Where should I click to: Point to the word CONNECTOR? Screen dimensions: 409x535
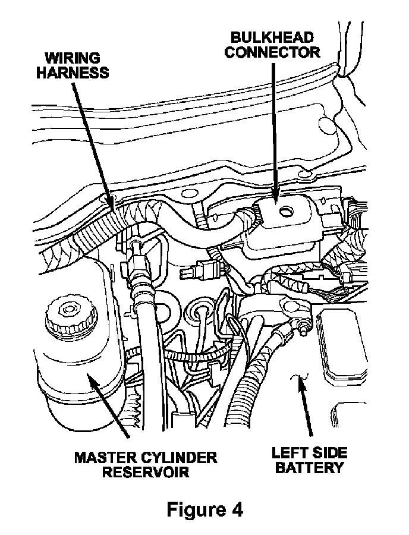[273, 52]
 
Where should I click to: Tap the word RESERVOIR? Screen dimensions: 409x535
[146, 473]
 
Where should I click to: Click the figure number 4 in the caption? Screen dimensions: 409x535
[236, 510]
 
